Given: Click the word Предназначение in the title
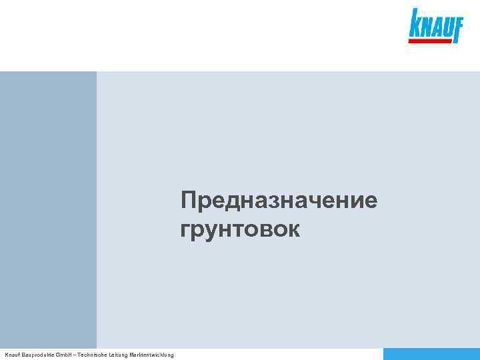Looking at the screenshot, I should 279,201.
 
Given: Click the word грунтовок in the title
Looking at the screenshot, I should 239,230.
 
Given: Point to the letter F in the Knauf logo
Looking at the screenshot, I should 457,27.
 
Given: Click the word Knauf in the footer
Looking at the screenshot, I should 11,355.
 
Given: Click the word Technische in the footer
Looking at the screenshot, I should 85,355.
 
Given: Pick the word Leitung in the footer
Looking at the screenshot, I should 114,355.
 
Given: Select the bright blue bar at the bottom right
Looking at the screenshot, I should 431,354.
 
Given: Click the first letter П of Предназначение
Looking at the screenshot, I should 189,200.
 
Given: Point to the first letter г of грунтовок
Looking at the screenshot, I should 185,231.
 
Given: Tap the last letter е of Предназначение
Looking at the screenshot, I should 370,201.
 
